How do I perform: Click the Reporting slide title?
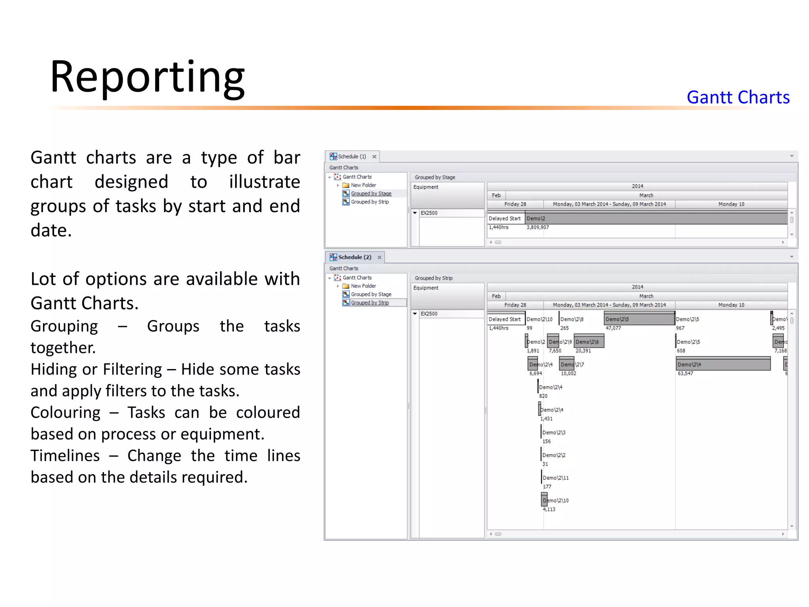point(147,77)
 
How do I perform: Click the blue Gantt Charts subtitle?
point(738,97)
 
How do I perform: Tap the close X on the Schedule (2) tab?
point(379,258)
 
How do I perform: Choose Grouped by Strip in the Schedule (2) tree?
point(370,303)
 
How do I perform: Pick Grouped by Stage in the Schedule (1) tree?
point(371,194)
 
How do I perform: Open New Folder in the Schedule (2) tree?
point(363,286)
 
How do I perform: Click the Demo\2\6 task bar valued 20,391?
point(589,342)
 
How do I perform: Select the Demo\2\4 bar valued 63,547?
point(723,364)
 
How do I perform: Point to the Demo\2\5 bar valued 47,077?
point(639,319)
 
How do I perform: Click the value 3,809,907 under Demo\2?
point(538,228)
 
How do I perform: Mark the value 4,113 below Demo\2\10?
point(549,509)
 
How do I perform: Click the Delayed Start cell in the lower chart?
point(504,319)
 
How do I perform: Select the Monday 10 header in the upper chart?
point(731,204)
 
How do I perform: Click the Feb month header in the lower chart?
point(496,296)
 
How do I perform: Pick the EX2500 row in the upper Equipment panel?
point(429,213)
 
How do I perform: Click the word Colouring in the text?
point(66,413)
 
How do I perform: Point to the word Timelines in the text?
point(65,456)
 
